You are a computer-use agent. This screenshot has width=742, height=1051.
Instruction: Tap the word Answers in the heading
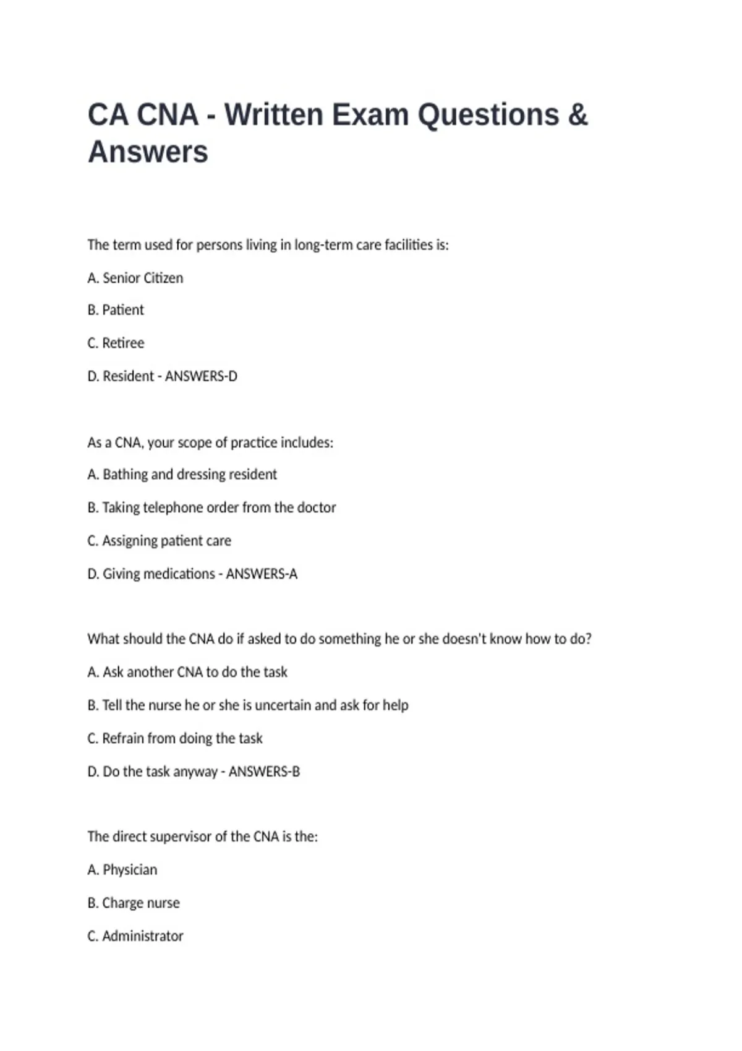tap(148, 152)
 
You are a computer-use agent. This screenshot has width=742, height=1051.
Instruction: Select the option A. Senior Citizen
tap(135, 278)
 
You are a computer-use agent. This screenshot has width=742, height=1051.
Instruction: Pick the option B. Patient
tap(116, 310)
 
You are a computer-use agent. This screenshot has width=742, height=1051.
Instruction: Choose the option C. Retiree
tap(116, 343)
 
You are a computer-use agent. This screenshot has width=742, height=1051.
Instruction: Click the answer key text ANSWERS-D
tap(201, 377)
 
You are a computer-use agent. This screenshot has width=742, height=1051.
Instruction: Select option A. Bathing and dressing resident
tap(182, 475)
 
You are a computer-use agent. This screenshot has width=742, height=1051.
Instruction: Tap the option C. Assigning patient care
tap(159, 541)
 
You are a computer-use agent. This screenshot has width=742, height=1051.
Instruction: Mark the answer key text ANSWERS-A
tap(262, 574)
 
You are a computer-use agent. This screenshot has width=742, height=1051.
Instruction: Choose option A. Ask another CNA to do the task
tap(187, 672)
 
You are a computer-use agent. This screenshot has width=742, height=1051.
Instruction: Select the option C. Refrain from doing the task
tap(175, 739)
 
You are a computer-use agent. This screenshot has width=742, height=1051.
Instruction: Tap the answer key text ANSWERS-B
tap(264, 772)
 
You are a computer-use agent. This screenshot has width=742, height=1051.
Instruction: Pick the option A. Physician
tap(122, 870)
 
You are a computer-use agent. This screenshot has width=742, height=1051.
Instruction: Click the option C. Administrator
tap(135, 937)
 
